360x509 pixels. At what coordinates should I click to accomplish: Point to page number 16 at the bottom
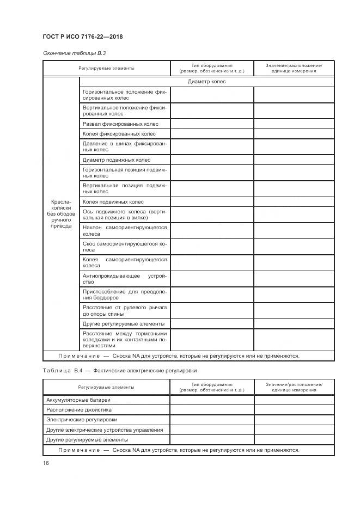pos(46,463)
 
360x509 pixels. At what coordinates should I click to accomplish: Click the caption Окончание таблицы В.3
pos(70,53)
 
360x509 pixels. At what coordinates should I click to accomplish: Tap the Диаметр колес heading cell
pos(206,82)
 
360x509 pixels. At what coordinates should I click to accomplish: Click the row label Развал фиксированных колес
pos(120,124)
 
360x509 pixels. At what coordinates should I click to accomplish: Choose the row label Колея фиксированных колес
pos(119,134)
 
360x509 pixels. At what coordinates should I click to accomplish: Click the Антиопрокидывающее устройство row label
pos(125,279)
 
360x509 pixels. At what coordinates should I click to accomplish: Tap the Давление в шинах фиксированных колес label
pos(125,146)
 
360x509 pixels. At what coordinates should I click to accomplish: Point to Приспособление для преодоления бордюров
pos(125,295)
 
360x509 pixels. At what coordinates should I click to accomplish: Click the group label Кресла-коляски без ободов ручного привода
pos(61,213)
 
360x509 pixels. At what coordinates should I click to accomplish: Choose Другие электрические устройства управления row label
pos(105,430)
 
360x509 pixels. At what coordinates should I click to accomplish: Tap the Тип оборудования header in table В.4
pos(211,387)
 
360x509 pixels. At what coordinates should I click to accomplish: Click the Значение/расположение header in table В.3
pos(294,68)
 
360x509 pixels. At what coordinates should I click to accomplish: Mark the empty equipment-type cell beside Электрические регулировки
pos(212,420)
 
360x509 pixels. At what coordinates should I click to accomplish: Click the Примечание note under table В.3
pos(179,356)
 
